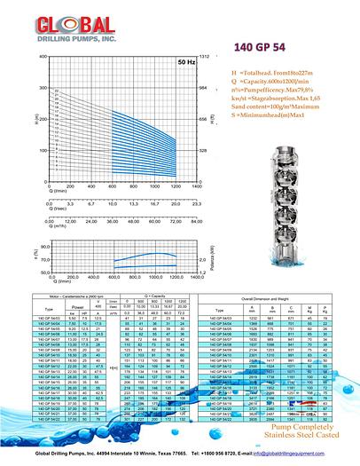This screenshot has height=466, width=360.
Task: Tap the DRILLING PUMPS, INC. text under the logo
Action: point(59,38)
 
